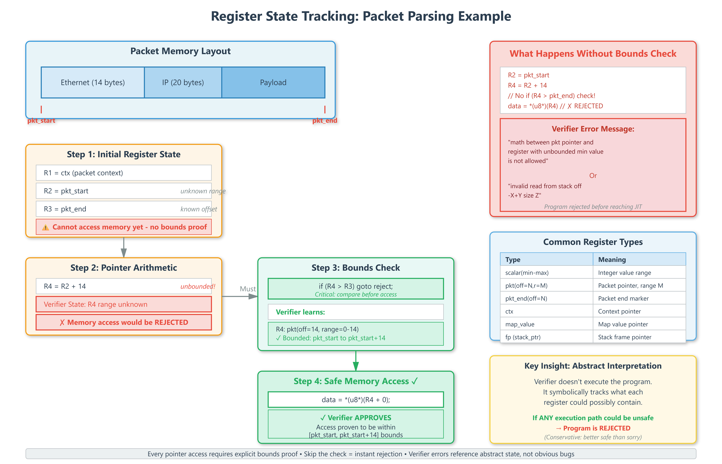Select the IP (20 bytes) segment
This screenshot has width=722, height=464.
[183, 83]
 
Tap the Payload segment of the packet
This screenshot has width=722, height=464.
[273, 83]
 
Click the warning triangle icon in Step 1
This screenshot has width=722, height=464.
[45, 227]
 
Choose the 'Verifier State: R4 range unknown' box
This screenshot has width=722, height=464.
[124, 304]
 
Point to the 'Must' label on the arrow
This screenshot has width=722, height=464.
[248, 289]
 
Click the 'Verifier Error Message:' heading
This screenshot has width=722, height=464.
[593, 129]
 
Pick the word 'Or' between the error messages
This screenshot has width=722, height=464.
[593, 176]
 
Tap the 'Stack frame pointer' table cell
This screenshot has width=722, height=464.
[624, 337]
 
